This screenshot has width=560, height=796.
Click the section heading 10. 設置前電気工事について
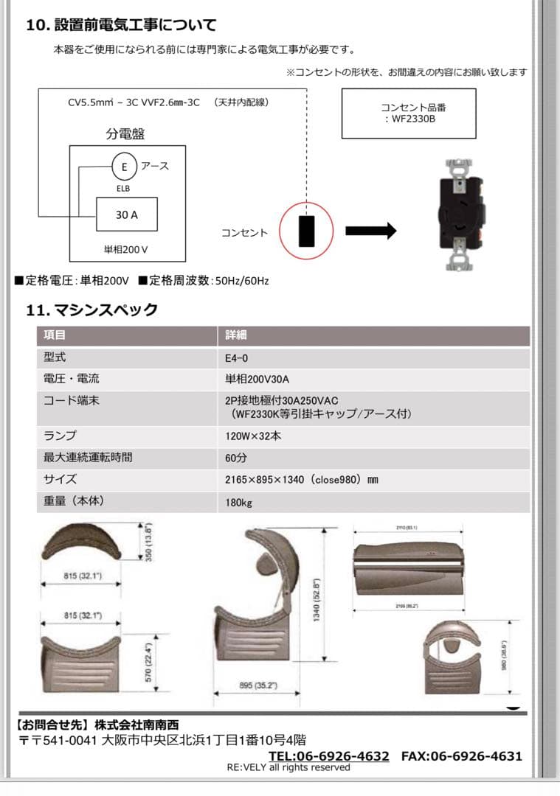121,25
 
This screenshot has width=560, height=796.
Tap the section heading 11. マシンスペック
92,310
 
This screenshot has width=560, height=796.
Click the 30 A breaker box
126,215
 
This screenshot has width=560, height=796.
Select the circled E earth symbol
124,167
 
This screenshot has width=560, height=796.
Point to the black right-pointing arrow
370,231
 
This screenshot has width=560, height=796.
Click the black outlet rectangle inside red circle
306,231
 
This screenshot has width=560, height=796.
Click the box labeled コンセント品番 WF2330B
409,113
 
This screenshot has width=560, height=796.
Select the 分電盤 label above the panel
125,134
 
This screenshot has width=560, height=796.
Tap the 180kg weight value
239,503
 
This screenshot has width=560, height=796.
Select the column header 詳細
236,335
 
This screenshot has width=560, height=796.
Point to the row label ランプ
60,436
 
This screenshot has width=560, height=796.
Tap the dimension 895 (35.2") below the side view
257,685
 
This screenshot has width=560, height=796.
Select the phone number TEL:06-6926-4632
328,756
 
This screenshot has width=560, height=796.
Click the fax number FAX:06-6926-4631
461,756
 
